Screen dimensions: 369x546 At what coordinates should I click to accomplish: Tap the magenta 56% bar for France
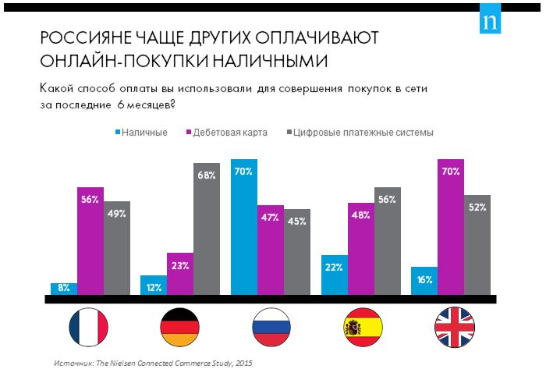[x=90, y=241]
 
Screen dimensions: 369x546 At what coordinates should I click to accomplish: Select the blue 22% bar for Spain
[x=335, y=275]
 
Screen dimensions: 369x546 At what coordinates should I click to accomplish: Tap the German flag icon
[x=180, y=328]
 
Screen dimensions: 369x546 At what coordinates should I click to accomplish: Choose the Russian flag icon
[x=271, y=328]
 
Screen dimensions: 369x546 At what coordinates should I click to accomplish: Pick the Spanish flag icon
[x=361, y=328]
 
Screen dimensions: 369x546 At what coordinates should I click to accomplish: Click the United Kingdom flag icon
[x=452, y=328]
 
